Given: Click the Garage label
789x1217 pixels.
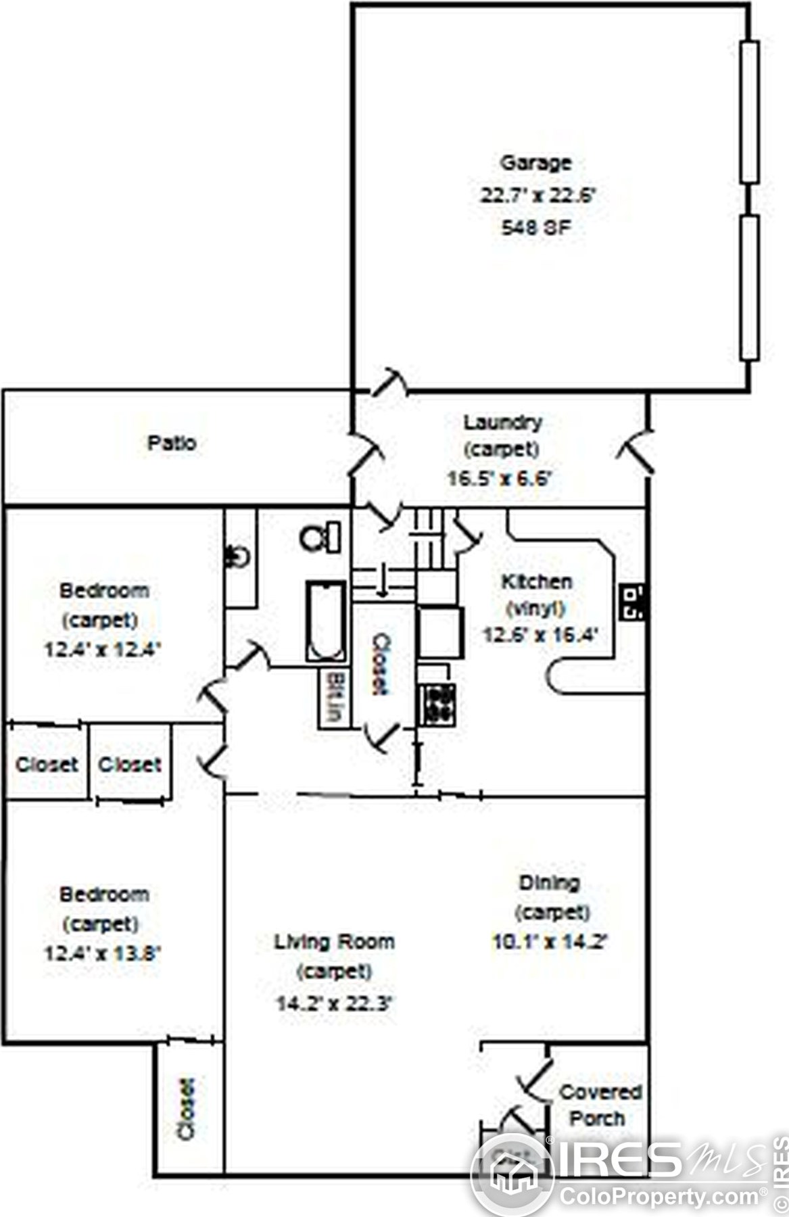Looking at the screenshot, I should point(535,163).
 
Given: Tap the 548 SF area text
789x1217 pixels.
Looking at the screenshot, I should point(535,227).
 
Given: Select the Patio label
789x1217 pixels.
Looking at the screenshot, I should point(172,444).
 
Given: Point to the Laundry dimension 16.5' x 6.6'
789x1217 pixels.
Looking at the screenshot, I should point(500,479).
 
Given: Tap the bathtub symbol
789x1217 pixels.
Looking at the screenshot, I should point(327,621).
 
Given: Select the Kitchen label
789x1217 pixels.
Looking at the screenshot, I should point(536,581).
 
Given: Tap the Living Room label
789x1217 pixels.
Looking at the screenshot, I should point(334,941).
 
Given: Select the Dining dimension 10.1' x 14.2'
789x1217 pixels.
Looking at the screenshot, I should point(550,941).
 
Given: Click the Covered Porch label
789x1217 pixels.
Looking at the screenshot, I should point(598,1105).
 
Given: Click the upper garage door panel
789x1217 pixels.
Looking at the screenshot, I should point(749,112).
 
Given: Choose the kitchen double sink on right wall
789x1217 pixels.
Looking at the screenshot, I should point(633,602).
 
